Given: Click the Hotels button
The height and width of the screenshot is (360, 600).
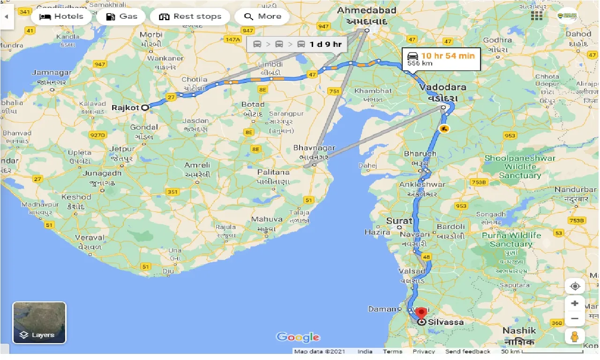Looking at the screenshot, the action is (x=61, y=16).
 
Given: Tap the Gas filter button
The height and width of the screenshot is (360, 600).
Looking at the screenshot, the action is (x=122, y=16).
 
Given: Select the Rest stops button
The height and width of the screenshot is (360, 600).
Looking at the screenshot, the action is (x=190, y=16).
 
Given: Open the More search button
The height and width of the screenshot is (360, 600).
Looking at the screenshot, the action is (x=263, y=16).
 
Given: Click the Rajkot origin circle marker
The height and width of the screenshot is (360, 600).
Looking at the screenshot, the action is (x=145, y=107).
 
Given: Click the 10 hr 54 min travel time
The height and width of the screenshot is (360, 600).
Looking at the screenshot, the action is (x=448, y=56).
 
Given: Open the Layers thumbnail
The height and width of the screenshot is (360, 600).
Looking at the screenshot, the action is (x=39, y=322).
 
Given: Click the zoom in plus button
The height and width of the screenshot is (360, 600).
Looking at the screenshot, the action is (x=575, y=303).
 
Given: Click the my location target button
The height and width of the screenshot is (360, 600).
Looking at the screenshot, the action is (x=575, y=286).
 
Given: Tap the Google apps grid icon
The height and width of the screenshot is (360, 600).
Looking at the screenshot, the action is (x=537, y=15).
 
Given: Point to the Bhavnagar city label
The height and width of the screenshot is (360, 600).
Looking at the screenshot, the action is (x=314, y=148).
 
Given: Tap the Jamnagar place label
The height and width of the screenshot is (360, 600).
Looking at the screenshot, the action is (x=52, y=73).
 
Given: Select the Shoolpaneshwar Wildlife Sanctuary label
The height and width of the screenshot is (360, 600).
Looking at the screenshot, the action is (x=520, y=166).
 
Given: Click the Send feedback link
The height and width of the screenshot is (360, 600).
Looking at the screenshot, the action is (x=467, y=352).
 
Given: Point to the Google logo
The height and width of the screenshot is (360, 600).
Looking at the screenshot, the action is (x=298, y=337).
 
